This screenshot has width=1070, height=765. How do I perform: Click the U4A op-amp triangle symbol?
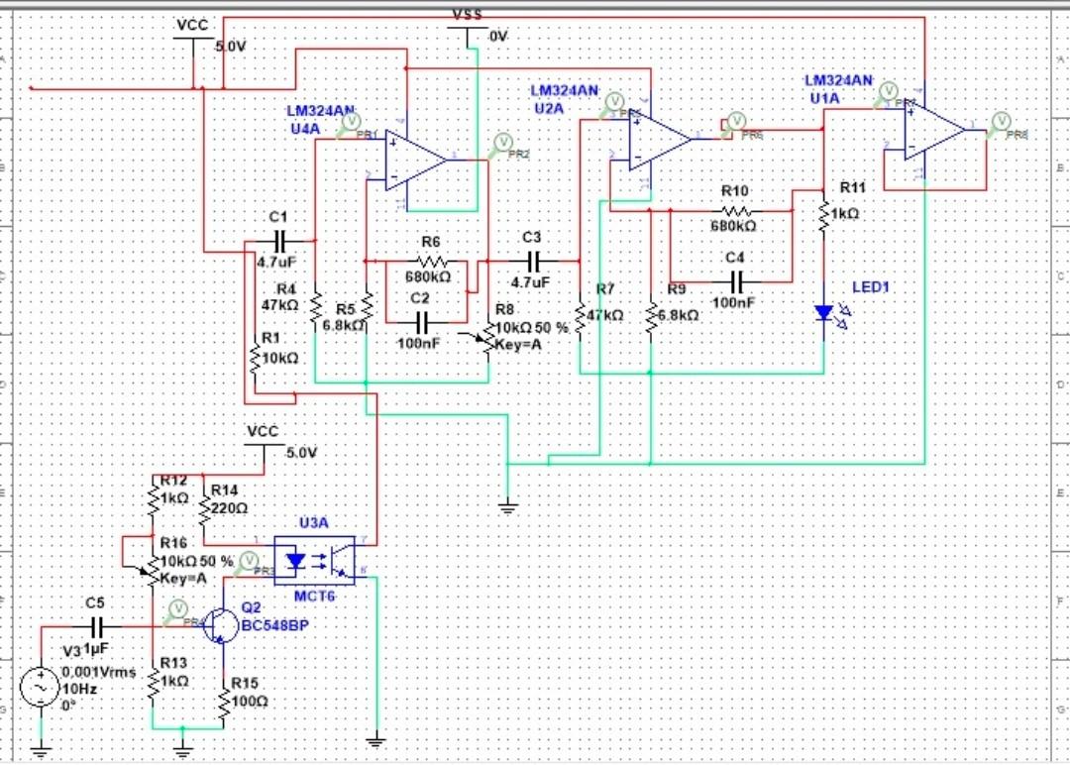pyautogui.click(x=414, y=159)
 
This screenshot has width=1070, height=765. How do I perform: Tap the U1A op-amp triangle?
pyautogui.click(x=932, y=132)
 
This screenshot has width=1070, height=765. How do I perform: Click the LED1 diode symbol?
pyautogui.click(x=823, y=312)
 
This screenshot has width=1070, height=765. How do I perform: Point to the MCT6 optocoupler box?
pyautogui.click(x=313, y=561)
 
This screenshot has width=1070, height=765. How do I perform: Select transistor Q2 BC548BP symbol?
pyautogui.click(x=222, y=627)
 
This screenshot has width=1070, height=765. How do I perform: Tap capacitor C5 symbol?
pyautogui.click(x=98, y=627)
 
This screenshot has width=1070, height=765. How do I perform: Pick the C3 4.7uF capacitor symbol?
pyautogui.click(x=534, y=262)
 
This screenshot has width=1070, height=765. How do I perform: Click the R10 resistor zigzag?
pyautogui.click(x=735, y=210)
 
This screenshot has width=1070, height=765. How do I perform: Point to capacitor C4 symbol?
pyautogui.click(x=734, y=280)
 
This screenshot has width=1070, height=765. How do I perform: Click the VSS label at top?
pyautogui.click(x=468, y=14)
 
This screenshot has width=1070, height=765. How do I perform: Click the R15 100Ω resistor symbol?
pyautogui.click(x=224, y=700)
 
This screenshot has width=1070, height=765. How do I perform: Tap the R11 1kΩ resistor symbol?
pyautogui.click(x=823, y=214)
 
